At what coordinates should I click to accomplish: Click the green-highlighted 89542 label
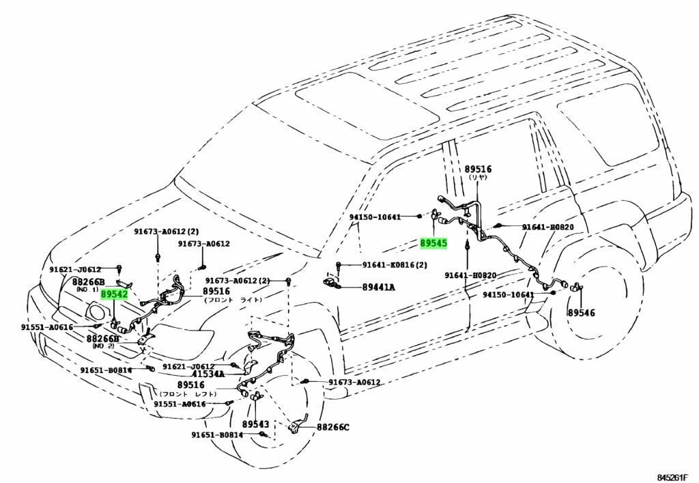(114, 294)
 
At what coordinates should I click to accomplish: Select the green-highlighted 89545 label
(433, 243)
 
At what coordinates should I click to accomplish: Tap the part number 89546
(581, 312)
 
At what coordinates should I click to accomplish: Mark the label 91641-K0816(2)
(392, 264)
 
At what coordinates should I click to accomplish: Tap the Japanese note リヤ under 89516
(478, 177)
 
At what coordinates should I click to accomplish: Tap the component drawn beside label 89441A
(333, 282)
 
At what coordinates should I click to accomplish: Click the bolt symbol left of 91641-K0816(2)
(339, 264)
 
